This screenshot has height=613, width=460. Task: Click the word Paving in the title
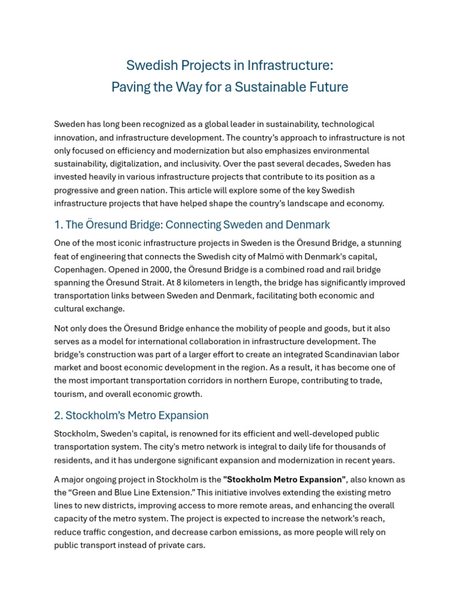(x=128, y=87)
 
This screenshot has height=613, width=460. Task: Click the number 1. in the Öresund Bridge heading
(x=58, y=225)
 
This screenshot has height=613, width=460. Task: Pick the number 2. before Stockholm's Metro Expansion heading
(x=59, y=415)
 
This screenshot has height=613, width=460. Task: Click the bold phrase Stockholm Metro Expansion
(x=284, y=480)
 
